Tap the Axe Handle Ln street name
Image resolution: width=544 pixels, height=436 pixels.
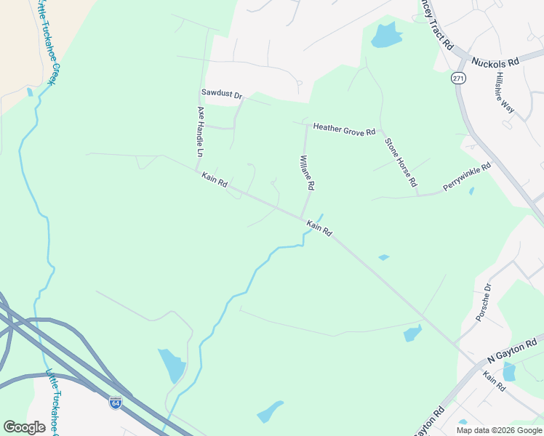coord(200,132)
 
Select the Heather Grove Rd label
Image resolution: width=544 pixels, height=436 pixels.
coord(343,128)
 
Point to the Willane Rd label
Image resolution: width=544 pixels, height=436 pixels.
coord(306,172)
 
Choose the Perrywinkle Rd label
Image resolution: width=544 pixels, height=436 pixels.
coord(467,177)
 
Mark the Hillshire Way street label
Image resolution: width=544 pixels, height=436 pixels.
coord(505,92)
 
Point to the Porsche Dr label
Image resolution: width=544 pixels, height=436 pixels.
coord(483,302)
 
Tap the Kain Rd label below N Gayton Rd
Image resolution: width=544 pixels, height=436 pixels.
coord(494,381)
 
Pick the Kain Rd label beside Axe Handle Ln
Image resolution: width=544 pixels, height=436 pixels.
coord(215,179)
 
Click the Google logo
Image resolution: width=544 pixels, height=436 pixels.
coord(24,427)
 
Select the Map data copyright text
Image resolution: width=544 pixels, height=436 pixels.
coord(499,430)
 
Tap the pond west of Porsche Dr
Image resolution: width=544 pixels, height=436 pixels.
coord(412,334)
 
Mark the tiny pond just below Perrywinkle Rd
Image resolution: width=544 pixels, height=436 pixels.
coord(471,192)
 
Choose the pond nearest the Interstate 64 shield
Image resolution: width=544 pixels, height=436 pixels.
coord(172,366)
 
